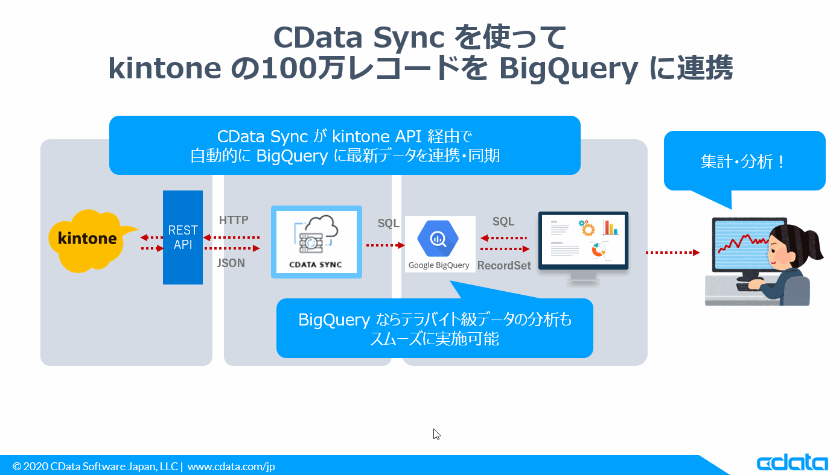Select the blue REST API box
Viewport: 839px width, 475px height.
tap(183, 237)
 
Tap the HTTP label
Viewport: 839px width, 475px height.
tap(234, 220)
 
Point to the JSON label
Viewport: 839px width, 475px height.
tap(231, 263)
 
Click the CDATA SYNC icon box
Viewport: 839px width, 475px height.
tap(316, 242)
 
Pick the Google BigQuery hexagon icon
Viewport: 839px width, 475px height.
tap(438, 238)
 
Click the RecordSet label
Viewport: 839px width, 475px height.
tap(504, 266)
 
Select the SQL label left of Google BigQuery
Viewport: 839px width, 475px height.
tap(388, 223)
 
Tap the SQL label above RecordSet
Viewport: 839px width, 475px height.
tap(503, 221)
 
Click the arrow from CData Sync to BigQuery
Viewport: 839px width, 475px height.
tap(386, 245)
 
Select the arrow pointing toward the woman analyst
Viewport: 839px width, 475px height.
tap(672, 253)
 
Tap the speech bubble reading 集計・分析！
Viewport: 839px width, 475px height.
tap(745, 162)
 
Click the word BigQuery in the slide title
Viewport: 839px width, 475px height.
tap(569, 68)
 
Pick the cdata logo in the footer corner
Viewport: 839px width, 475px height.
tap(792, 463)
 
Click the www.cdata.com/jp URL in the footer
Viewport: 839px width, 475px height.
tap(231, 467)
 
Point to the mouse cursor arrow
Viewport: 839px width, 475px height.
tap(436, 434)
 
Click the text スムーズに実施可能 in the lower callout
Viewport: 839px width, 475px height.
tap(435, 339)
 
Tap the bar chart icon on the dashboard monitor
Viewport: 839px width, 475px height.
tap(610, 227)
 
